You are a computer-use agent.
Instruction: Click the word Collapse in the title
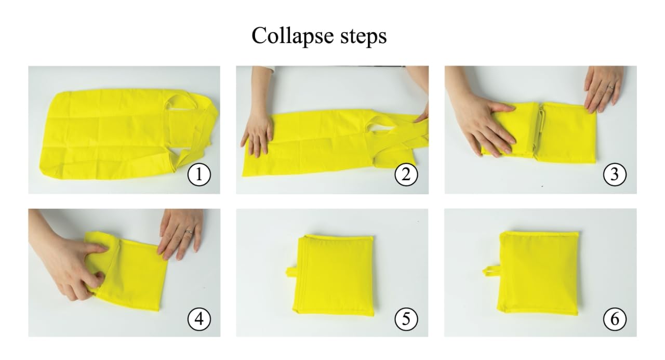292,36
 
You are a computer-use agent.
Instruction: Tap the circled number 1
199,175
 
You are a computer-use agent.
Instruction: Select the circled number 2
406,175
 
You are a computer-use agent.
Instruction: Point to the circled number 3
615,175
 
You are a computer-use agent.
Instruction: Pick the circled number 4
199,319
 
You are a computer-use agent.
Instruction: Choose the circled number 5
406,319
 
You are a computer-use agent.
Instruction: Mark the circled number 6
615,319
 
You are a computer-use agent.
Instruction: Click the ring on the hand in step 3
610,87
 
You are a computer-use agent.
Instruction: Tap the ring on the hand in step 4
189,232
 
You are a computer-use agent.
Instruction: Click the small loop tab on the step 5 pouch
290,272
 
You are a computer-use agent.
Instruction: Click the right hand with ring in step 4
181,234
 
